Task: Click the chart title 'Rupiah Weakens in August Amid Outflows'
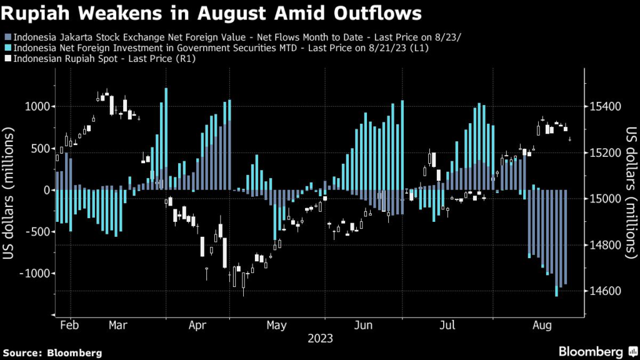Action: pos(213,13)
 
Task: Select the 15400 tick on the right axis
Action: pos(604,106)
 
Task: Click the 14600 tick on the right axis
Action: pos(604,291)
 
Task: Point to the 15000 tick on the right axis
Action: pos(604,199)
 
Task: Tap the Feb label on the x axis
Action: pos(69,326)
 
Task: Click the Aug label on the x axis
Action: pos(541,326)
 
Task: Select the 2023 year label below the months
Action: pos(319,339)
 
